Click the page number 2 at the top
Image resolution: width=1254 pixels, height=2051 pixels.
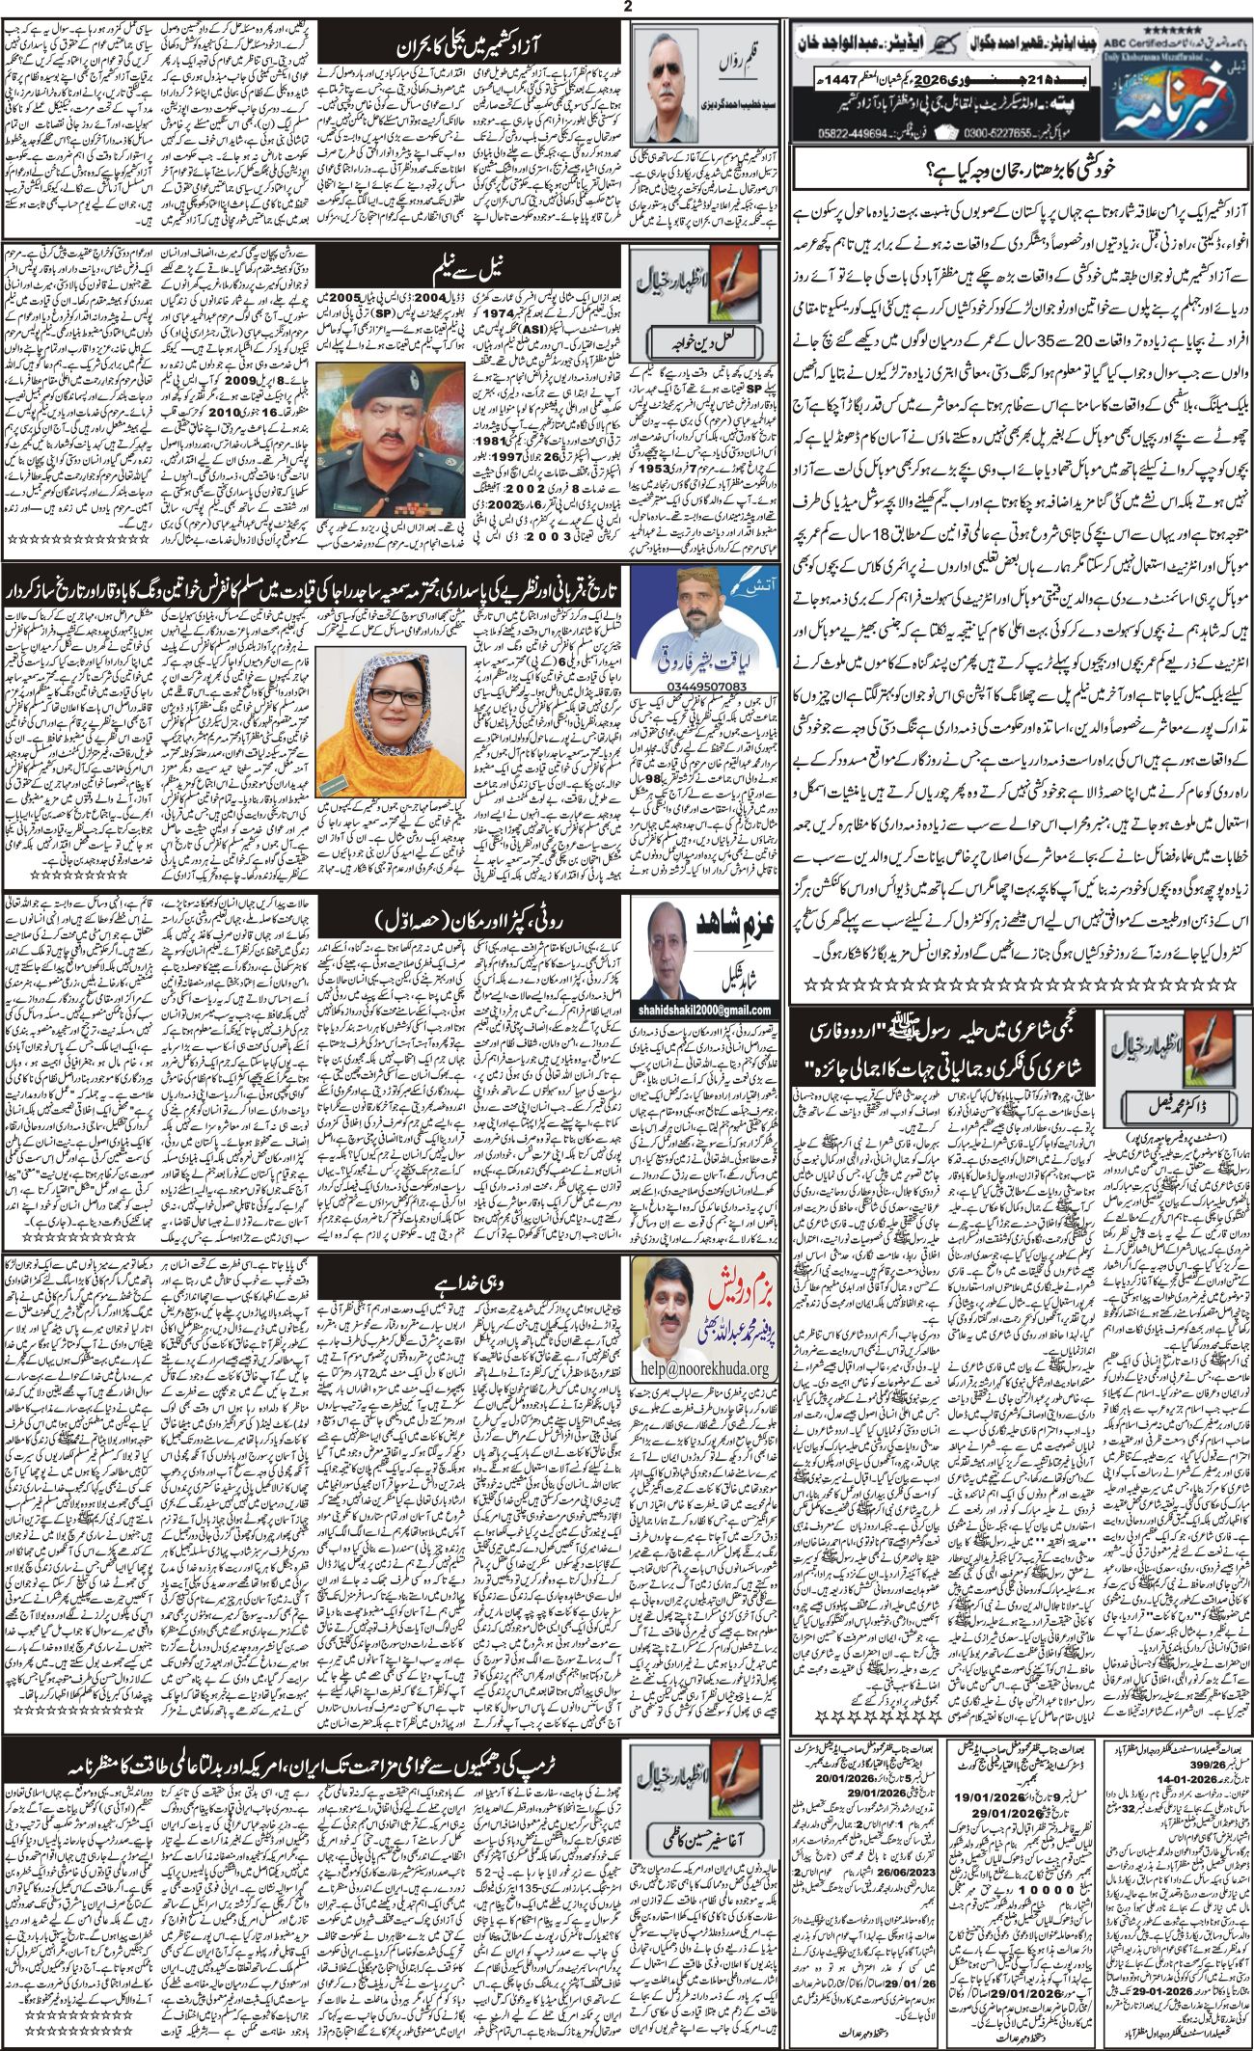coord(627,7)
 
